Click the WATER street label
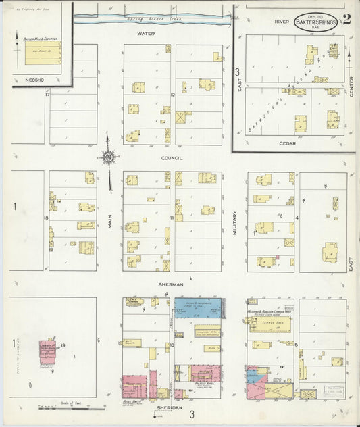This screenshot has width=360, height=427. pyautogui.click(x=146, y=33)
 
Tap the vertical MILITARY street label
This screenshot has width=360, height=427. pyautogui.click(x=235, y=220)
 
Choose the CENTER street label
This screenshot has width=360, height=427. pyautogui.click(x=352, y=86)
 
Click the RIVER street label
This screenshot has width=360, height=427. pyautogui.click(x=282, y=22)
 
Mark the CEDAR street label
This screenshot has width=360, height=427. pyautogui.click(x=288, y=143)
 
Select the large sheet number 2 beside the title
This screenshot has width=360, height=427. pyautogui.click(x=346, y=20)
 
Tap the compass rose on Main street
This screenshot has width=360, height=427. pyautogui.click(x=108, y=159)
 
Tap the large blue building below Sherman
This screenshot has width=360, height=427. pyautogui.click(x=199, y=308)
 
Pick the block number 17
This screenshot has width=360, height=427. pyautogui.click(x=47, y=93)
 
